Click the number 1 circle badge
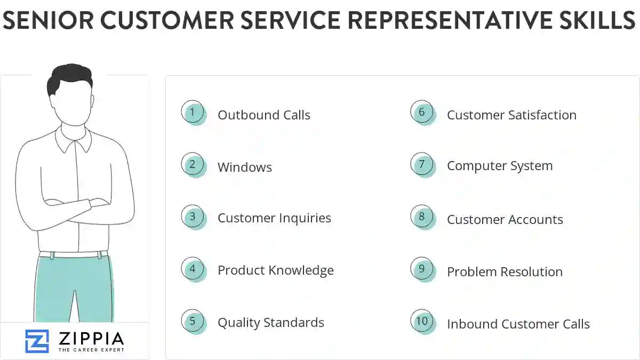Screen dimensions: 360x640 pyautogui.click(x=193, y=112)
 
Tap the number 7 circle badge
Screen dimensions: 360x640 pyautogui.click(x=422, y=164)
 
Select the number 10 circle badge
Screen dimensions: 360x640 pyautogui.click(x=422, y=321)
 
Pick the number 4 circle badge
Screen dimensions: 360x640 pyautogui.click(x=193, y=269)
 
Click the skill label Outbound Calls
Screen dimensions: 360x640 pyautogui.click(x=263, y=115)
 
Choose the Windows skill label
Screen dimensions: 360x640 pyautogui.click(x=244, y=167)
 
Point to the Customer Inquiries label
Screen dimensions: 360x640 pyautogui.click(x=274, y=218)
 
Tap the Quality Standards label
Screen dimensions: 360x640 pyautogui.click(x=270, y=323)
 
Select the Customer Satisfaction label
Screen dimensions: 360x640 pyautogui.click(x=511, y=115)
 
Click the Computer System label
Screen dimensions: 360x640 pyautogui.click(x=499, y=166)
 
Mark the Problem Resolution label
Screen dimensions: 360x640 pyautogui.click(x=504, y=272)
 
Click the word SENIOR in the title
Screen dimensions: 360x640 pyautogui.click(x=43, y=21)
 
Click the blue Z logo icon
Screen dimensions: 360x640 pyautogui.click(x=37, y=341)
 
